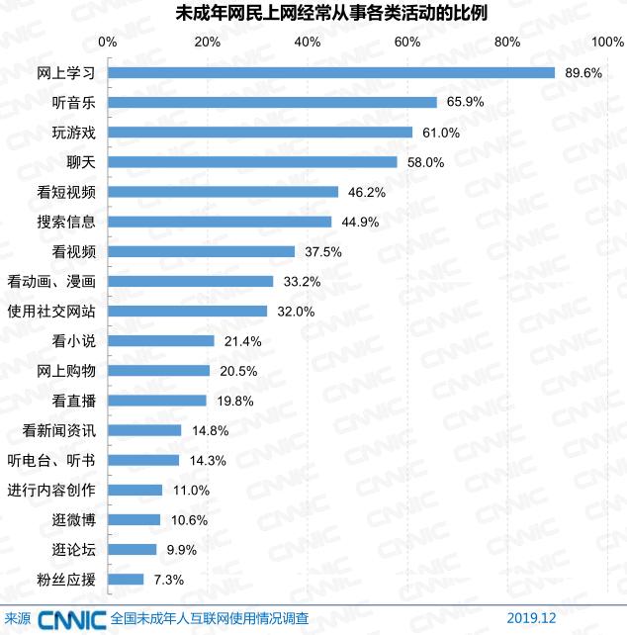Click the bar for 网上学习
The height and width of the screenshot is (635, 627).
[331, 72]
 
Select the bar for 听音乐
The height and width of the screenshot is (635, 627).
[272, 102]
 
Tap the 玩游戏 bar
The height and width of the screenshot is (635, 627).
[260, 132]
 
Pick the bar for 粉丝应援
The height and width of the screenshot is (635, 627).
[126, 579]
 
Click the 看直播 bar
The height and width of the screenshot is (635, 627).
[157, 401]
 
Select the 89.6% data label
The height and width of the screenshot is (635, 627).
[582, 73]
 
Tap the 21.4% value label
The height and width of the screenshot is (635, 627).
[241, 341]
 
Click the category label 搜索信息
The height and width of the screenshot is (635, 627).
[65, 222]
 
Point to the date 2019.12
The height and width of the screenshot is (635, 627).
[533, 619]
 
